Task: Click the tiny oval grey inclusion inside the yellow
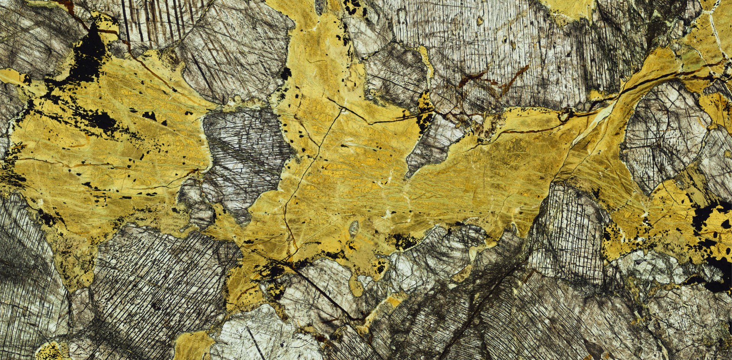(x=354, y=228)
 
